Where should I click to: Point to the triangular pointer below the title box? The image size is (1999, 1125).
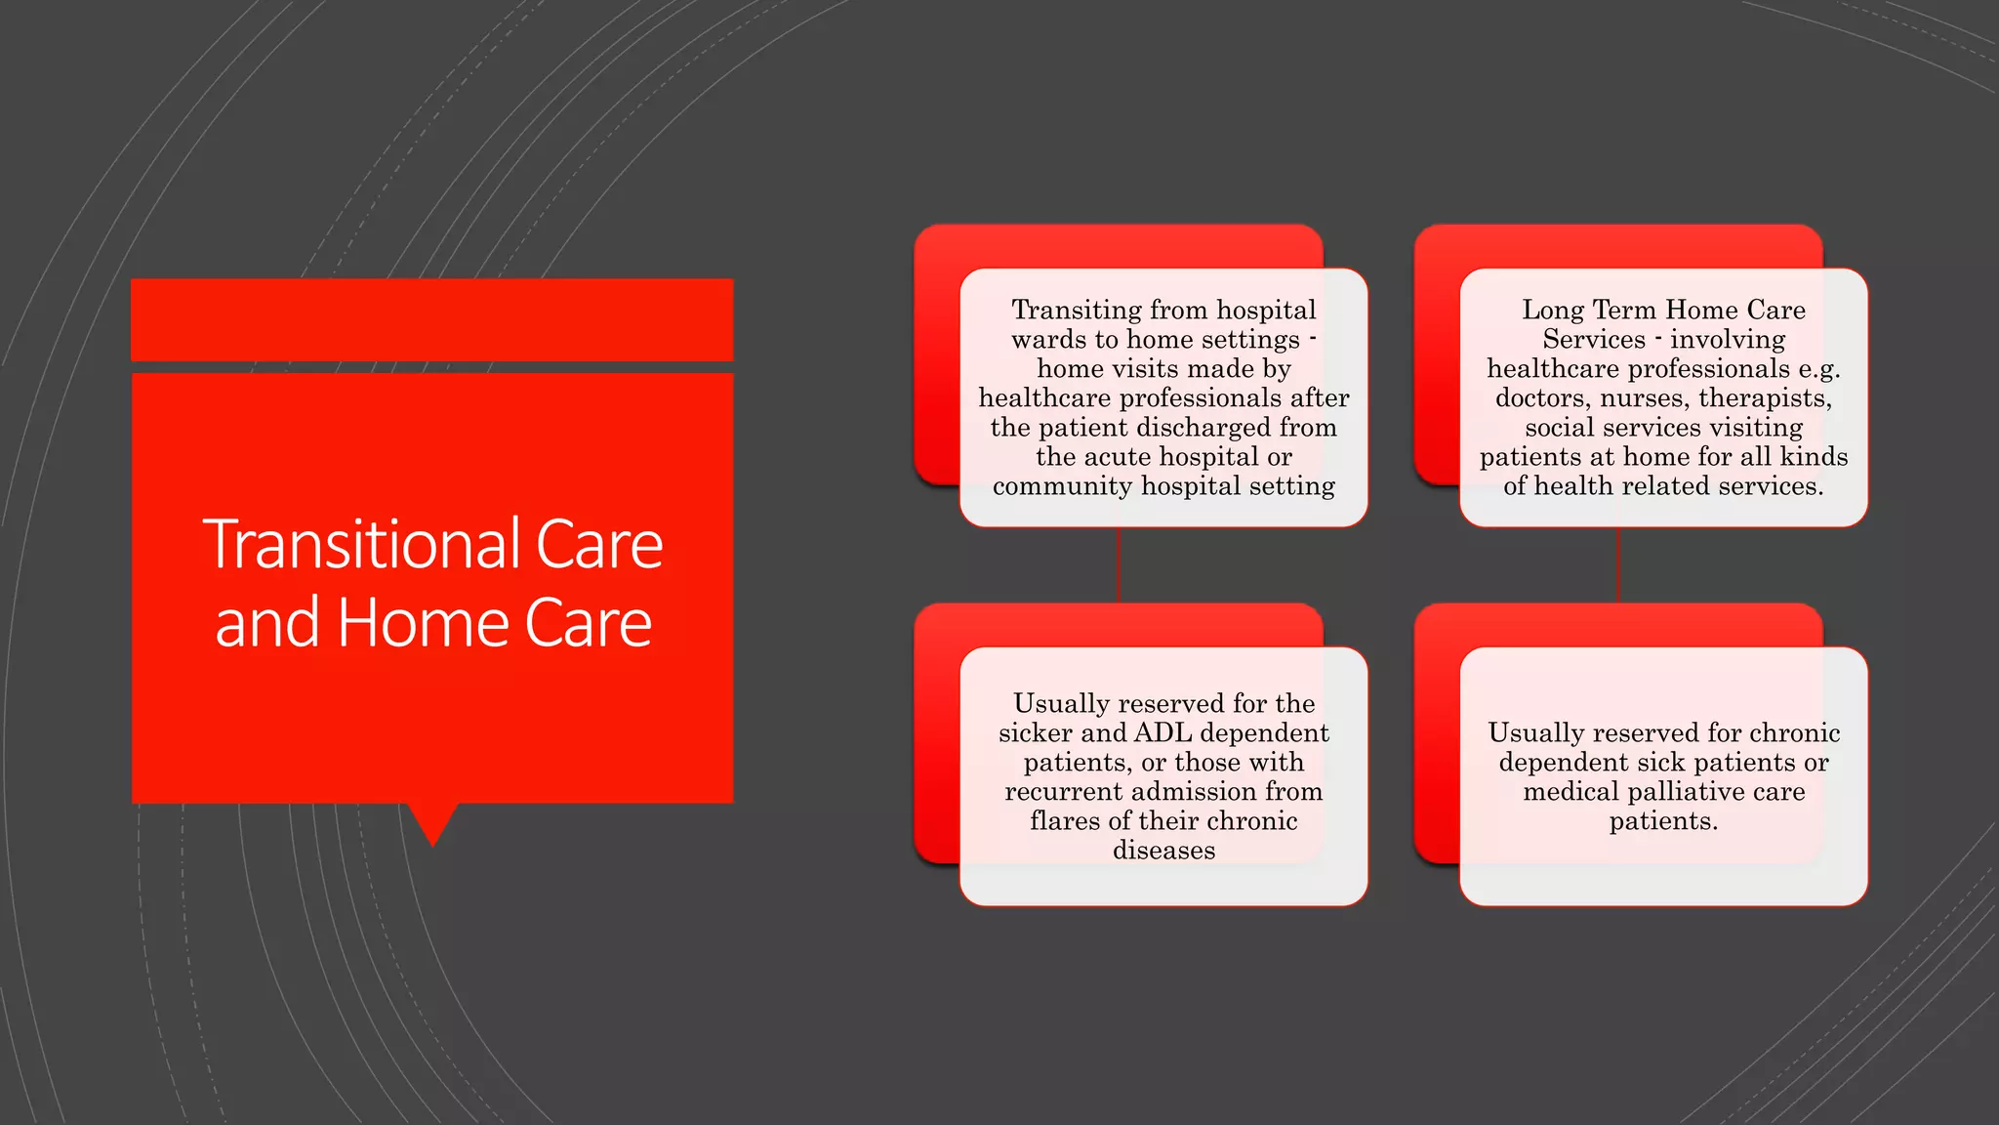[432, 822]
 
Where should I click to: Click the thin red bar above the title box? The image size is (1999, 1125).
[431, 319]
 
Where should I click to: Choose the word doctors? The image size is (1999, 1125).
[1540, 398]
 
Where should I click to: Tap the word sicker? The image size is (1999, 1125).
[1035, 733]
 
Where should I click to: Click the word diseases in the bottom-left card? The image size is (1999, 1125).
[1163, 851]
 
